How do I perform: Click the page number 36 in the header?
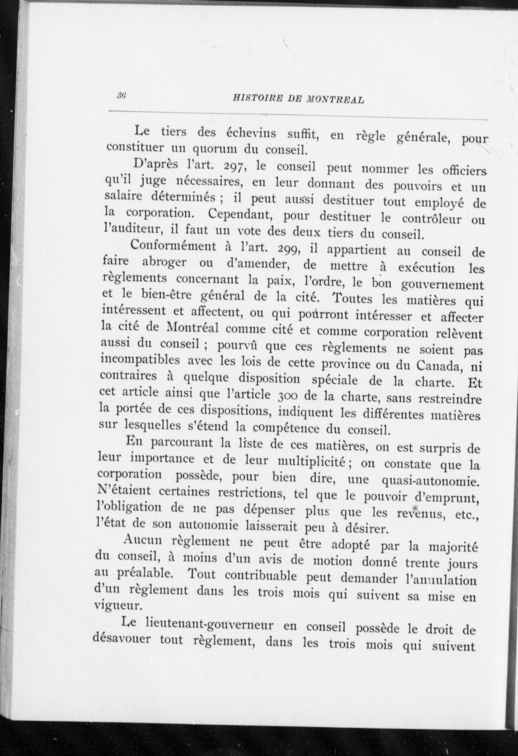[122, 94]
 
